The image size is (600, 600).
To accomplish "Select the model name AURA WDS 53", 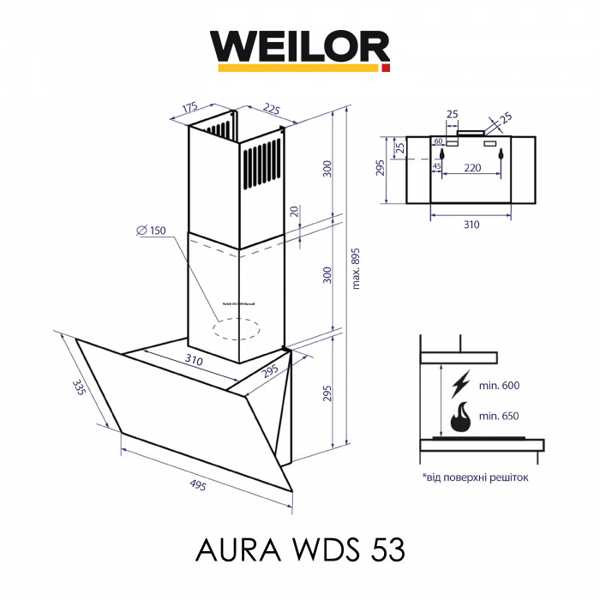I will click(x=300, y=547).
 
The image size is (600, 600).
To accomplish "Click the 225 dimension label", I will click(x=272, y=108).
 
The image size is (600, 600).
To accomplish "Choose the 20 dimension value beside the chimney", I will click(x=294, y=211).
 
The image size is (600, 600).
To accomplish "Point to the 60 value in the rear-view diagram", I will click(x=438, y=141).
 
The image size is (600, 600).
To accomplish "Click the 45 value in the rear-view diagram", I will click(x=436, y=165).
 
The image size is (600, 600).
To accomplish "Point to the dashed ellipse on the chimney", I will click(x=237, y=327).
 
